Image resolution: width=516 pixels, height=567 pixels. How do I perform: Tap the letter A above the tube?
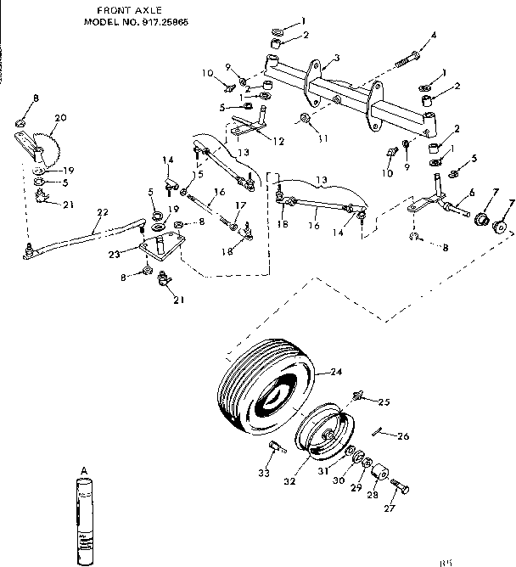tap(84, 469)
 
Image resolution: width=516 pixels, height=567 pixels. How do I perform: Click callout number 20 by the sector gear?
tap(60, 117)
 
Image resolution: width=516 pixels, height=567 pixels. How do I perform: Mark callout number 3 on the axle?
tap(336, 58)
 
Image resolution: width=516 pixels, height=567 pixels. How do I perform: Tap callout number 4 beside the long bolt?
tap(434, 35)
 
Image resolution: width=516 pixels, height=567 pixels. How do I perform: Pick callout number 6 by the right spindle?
tap(471, 193)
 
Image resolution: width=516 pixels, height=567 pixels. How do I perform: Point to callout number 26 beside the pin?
tap(403, 436)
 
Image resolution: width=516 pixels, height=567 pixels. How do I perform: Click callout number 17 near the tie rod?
tap(241, 205)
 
